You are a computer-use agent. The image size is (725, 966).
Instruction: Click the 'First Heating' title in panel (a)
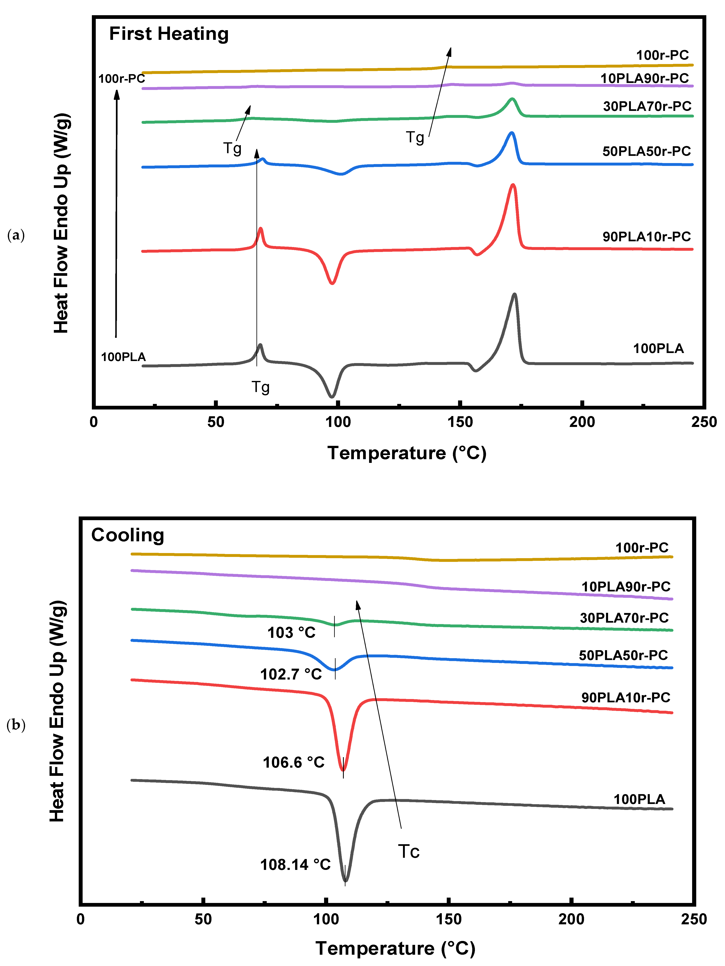(x=169, y=34)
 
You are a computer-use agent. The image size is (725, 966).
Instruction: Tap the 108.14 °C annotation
(x=296, y=865)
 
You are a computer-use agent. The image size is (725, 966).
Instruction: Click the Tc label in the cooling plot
(x=409, y=852)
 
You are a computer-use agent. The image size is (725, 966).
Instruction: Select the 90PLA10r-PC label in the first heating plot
(x=647, y=237)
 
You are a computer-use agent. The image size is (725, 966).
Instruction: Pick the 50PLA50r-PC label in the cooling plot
(x=624, y=655)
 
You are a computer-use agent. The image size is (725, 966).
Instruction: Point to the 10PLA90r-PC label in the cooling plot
(x=626, y=586)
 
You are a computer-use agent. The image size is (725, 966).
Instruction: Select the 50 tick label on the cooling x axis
(x=203, y=919)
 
